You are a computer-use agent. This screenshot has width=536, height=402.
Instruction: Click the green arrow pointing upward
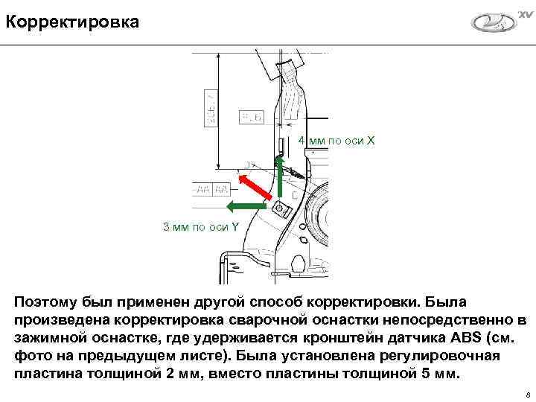[x=281, y=178]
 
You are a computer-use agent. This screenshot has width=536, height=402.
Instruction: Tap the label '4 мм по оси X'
[x=336, y=141]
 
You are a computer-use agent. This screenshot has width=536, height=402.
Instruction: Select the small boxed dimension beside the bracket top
[x=250, y=117]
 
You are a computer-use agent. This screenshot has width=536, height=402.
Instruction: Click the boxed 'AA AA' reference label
[x=211, y=189]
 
